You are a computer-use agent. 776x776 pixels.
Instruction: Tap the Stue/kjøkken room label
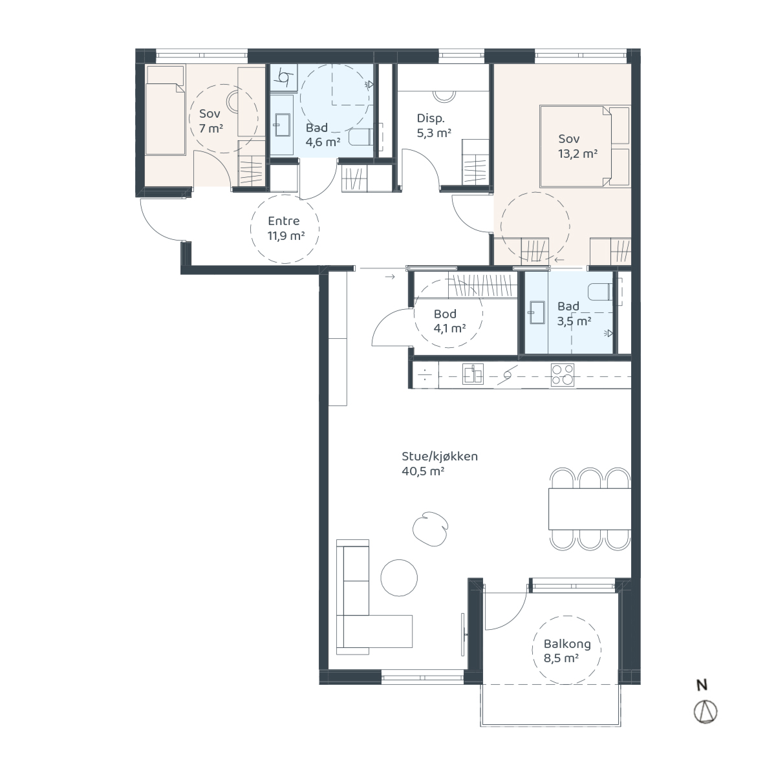pyautogui.click(x=439, y=457)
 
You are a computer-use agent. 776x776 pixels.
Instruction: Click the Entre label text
pyautogui.click(x=283, y=221)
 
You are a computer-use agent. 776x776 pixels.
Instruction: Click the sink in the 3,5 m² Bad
pyautogui.click(x=536, y=312)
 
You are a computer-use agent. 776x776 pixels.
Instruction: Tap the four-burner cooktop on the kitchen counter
pyautogui.click(x=562, y=374)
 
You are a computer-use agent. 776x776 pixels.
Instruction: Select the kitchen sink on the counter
pyautogui.click(x=472, y=374)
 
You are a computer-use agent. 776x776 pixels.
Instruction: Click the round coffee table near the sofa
pyautogui.click(x=399, y=577)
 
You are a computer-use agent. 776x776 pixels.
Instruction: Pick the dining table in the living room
pyautogui.click(x=590, y=509)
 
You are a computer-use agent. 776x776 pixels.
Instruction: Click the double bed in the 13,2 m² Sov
pyautogui.click(x=585, y=147)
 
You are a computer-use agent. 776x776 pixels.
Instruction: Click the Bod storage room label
pyautogui.click(x=445, y=314)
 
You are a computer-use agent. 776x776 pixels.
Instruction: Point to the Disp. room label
pyautogui.click(x=431, y=118)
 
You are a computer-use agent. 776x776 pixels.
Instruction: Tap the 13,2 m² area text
pyautogui.click(x=577, y=153)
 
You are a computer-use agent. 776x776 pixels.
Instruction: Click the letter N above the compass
pyautogui.click(x=702, y=685)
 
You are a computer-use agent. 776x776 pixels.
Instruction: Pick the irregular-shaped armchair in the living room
pyautogui.click(x=431, y=529)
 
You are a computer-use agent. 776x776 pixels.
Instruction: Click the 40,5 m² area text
pyautogui.click(x=423, y=471)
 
